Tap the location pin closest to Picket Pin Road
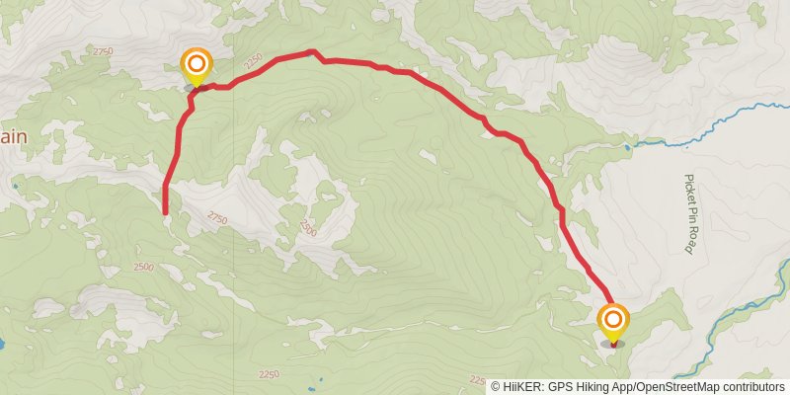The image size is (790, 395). [613, 319]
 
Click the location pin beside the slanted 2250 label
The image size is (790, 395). [197, 66]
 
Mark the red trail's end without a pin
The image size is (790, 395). [165, 211]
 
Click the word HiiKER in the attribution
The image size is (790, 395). [522, 387]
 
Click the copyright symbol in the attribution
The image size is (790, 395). [496, 387]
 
